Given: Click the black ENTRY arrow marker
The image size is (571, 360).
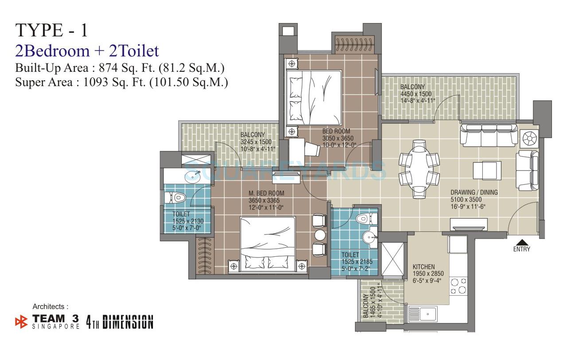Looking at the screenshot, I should coord(522,243).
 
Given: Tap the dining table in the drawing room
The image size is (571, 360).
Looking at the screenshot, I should coord(419,169).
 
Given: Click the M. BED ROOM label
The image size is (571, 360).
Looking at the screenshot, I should coord(266,193).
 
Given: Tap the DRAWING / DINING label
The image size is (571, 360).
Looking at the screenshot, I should coord(474,192).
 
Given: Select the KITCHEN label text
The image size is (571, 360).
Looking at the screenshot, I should coord(424,267).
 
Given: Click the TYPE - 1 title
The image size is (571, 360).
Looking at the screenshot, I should coord(52,30).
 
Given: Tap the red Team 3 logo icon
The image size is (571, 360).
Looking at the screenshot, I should coord(21,321).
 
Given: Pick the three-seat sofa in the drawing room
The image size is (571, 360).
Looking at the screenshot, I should coord(489,134).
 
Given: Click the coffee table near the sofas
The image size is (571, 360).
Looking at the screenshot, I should coord(487,170).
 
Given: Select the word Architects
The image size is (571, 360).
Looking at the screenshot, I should coord(51,306).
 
